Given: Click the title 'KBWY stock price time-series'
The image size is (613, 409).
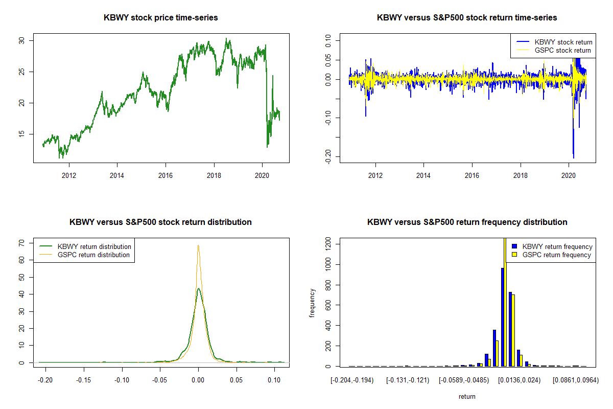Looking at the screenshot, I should coord(161,18).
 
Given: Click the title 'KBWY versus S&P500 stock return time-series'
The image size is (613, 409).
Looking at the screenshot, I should coord(466,18).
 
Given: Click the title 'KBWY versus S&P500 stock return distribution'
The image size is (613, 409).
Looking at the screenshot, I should coord(160,222).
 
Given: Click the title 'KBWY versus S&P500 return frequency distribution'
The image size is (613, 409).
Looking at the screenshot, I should coord(467,222).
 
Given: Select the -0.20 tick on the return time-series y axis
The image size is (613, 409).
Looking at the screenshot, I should coord(328,156).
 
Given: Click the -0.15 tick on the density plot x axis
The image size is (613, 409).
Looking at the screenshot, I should coord(84,381).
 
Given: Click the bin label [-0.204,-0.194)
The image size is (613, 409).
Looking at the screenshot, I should coord(352,381).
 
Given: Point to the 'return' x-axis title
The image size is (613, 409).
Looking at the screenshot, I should coord(467,396).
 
